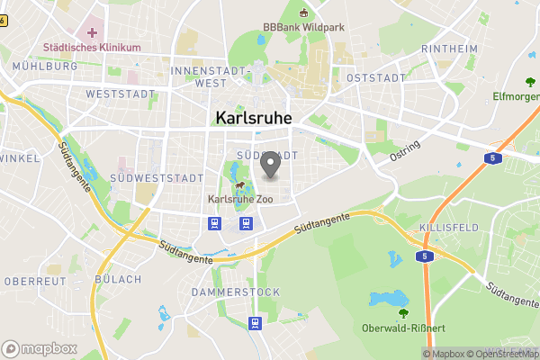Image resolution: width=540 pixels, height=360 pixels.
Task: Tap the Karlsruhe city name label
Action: pos(255,118)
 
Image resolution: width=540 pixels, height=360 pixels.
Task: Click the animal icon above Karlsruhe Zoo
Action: pos(240,186)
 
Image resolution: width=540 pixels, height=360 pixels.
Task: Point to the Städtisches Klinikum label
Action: pos(91,47)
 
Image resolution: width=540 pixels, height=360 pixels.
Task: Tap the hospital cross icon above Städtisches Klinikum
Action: pos(92,33)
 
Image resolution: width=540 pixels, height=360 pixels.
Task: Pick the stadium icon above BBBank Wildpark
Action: pos(303,13)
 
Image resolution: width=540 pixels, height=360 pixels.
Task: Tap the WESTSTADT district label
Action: pos(115,94)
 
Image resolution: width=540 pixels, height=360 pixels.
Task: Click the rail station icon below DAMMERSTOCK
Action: pos(256,323)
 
